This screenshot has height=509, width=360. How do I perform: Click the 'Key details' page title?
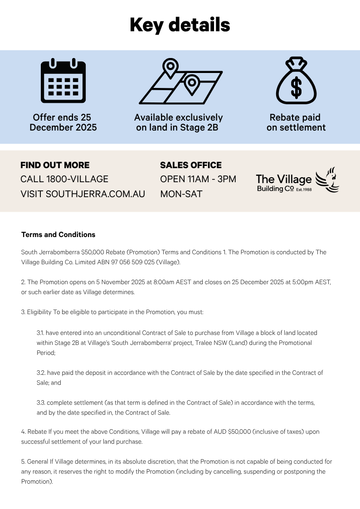tap(180, 24)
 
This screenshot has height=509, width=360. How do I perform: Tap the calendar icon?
tap(63, 81)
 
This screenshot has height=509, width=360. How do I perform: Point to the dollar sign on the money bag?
tap(296, 88)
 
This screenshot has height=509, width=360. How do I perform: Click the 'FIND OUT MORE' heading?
tap(55, 165)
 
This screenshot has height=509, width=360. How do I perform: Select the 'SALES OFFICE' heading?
tap(191, 165)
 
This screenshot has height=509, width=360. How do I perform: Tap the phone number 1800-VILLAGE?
tap(77, 179)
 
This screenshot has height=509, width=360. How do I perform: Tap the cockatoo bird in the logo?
tap(328, 180)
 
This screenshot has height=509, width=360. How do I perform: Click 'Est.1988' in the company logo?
tap(304, 189)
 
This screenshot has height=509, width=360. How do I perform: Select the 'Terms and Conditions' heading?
tap(58, 235)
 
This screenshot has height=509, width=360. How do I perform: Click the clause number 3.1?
tap(41, 333)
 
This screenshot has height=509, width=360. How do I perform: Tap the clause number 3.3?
tap(41, 402)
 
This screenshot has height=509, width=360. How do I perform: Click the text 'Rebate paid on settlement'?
tap(296, 122)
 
